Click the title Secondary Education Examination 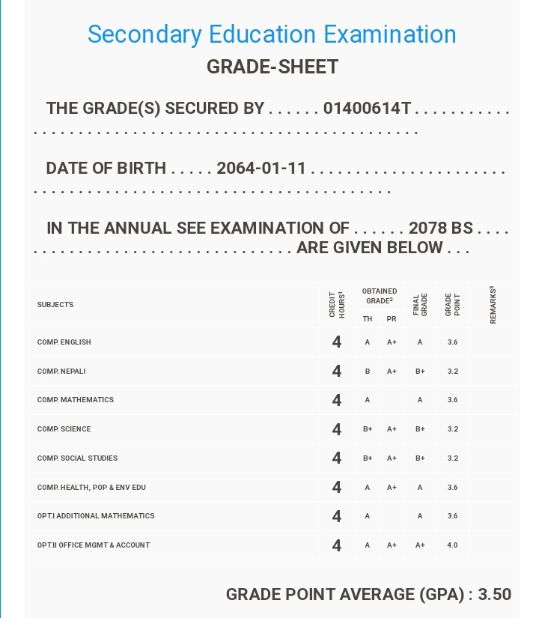[272, 34]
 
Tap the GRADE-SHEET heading [272, 67]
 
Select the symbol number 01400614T [367, 109]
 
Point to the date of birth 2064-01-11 [261, 169]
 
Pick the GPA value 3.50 [495, 595]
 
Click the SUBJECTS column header [55, 305]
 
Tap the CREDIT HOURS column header [337, 305]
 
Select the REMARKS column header [493, 305]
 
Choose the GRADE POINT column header [452, 305]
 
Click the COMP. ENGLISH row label [64, 342]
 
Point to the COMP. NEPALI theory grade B [368, 372]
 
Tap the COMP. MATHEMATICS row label [76, 400]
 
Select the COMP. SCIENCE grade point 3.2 [452, 429]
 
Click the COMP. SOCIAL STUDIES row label [77, 458]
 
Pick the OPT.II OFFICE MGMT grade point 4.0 [452, 545]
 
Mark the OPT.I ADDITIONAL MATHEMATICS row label [96, 516]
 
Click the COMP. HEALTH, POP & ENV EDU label [91, 488]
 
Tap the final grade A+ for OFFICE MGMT [420, 545]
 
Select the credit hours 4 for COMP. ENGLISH [337, 342]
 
